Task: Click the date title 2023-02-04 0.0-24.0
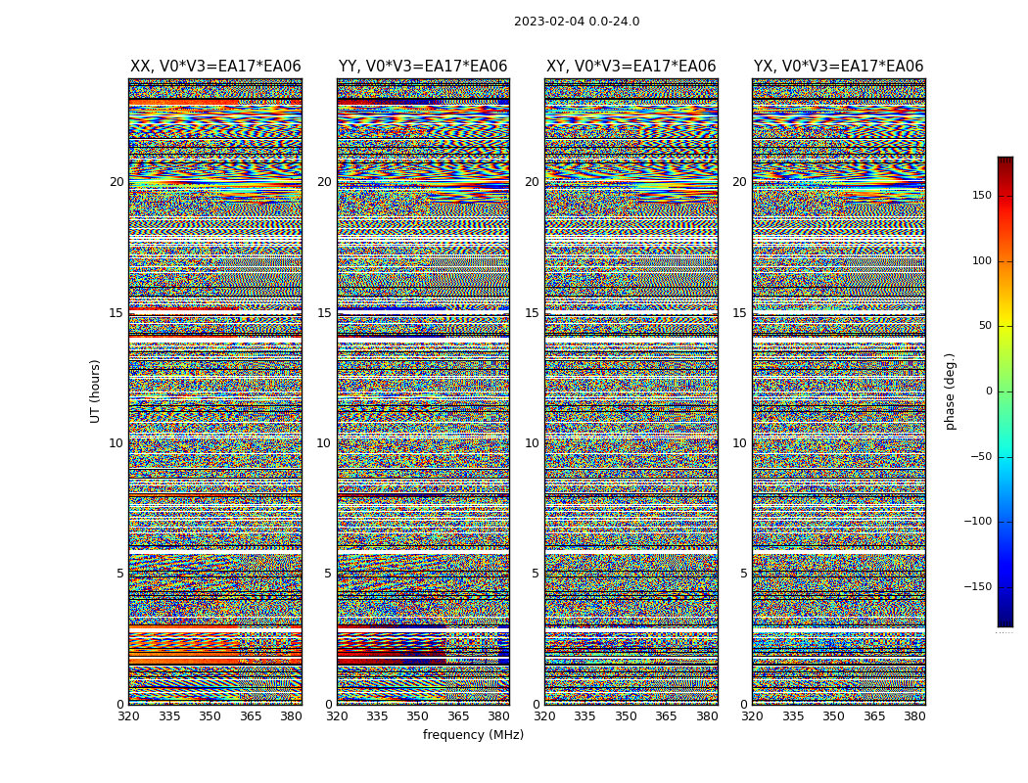tap(577, 22)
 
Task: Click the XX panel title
tap(215, 67)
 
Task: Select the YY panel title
tap(423, 67)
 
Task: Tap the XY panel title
tap(631, 67)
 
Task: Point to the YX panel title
tap(838, 67)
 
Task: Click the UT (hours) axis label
tap(96, 391)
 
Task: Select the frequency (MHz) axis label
tap(473, 735)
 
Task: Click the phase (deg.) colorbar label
tap(950, 391)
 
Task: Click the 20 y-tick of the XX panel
tap(117, 182)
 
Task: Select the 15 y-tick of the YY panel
tap(324, 313)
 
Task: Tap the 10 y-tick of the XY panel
tap(532, 443)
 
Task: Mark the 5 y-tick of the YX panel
tap(743, 574)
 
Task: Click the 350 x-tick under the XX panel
tap(210, 716)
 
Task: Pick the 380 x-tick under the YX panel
tap(914, 716)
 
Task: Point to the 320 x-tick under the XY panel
tap(545, 716)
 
